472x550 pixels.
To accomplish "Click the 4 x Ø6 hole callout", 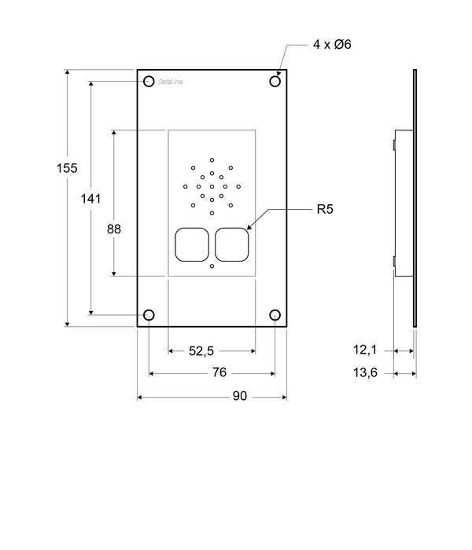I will [x=331, y=45].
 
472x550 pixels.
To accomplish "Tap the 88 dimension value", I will [x=114, y=229].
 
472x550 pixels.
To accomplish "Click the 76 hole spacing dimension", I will [x=212, y=373].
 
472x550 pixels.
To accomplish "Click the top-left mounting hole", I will [x=149, y=81].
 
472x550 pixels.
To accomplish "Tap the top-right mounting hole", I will [x=275, y=81].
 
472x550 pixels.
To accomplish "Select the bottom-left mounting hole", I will [x=149, y=315].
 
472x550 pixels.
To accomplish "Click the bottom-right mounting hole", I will [x=275, y=315].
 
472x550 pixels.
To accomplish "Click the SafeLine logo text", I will [x=170, y=82].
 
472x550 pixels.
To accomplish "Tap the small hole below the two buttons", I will [x=212, y=266].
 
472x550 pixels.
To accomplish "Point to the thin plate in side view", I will [x=415, y=196].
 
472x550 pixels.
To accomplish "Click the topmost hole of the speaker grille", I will [x=212, y=159].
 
